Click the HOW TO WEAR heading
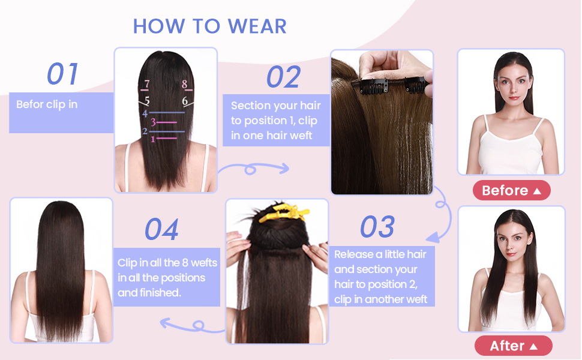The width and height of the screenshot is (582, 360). click(209, 26)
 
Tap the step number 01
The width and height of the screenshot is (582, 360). click(63, 74)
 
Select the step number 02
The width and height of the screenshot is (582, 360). click(283, 77)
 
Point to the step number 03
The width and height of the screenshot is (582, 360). click(377, 227)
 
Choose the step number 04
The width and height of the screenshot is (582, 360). click(162, 230)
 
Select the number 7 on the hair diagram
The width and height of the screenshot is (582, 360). click(146, 85)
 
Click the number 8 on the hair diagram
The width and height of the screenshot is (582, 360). click(185, 85)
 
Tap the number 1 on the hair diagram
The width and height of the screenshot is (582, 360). click(153, 139)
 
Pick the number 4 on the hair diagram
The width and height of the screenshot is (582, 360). click(145, 113)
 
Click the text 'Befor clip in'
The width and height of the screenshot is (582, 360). click(47, 104)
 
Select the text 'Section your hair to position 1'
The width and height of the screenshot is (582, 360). click(275, 113)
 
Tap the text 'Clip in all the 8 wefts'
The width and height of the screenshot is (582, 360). click(167, 263)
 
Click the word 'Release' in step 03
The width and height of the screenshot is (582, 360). click(354, 254)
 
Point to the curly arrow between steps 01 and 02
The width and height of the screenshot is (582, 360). click(252, 170)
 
